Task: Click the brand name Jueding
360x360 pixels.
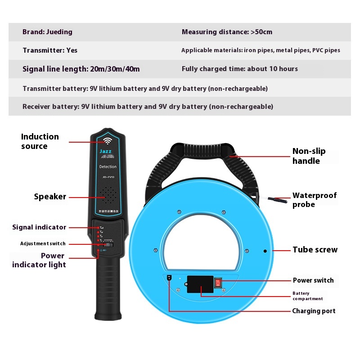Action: tap(59, 32)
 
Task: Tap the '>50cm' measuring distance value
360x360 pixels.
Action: tap(261, 32)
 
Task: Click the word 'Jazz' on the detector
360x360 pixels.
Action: tap(105, 152)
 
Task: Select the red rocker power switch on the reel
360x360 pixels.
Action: tap(219, 282)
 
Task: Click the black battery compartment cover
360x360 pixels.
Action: tap(200, 284)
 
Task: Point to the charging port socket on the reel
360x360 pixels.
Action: tap(169, 278)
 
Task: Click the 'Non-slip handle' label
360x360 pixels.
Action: tap(309, 156)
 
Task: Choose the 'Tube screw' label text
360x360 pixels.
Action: tap(315, 250)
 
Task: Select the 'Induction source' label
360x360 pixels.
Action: tap(40, 141)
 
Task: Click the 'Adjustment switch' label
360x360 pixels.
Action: tap(43, 243)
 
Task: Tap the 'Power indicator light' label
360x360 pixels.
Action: tap(39, 260)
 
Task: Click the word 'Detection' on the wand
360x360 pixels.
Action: tap(108, 166)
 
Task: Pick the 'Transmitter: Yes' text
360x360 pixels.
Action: tap(50, 50)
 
